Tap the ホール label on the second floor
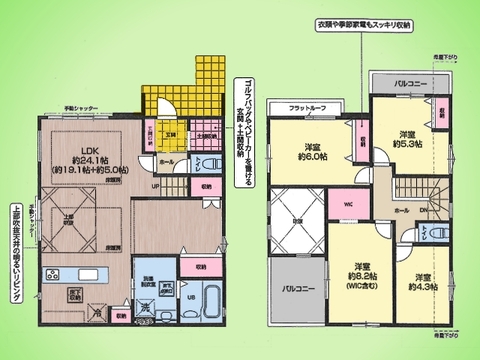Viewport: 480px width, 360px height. tap(400, 211)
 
